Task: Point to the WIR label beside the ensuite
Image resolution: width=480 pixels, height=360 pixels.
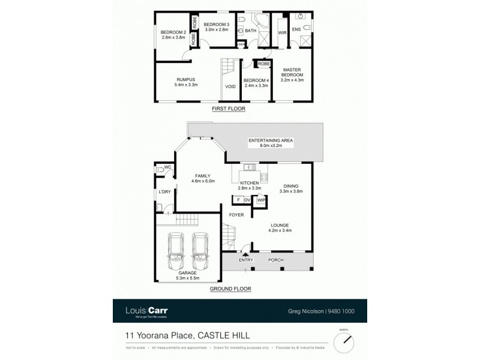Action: point(282,32)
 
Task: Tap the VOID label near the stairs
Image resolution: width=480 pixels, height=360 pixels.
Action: point(230,86)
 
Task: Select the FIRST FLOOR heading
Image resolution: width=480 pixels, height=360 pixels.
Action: point(230,109)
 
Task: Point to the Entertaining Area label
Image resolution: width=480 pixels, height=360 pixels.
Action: point(271,140)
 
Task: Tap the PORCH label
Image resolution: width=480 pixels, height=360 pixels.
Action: point(275,260)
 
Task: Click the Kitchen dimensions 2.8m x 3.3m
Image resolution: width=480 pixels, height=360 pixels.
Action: point(250,188)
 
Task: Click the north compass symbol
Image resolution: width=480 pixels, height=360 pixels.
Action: point(343,340)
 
